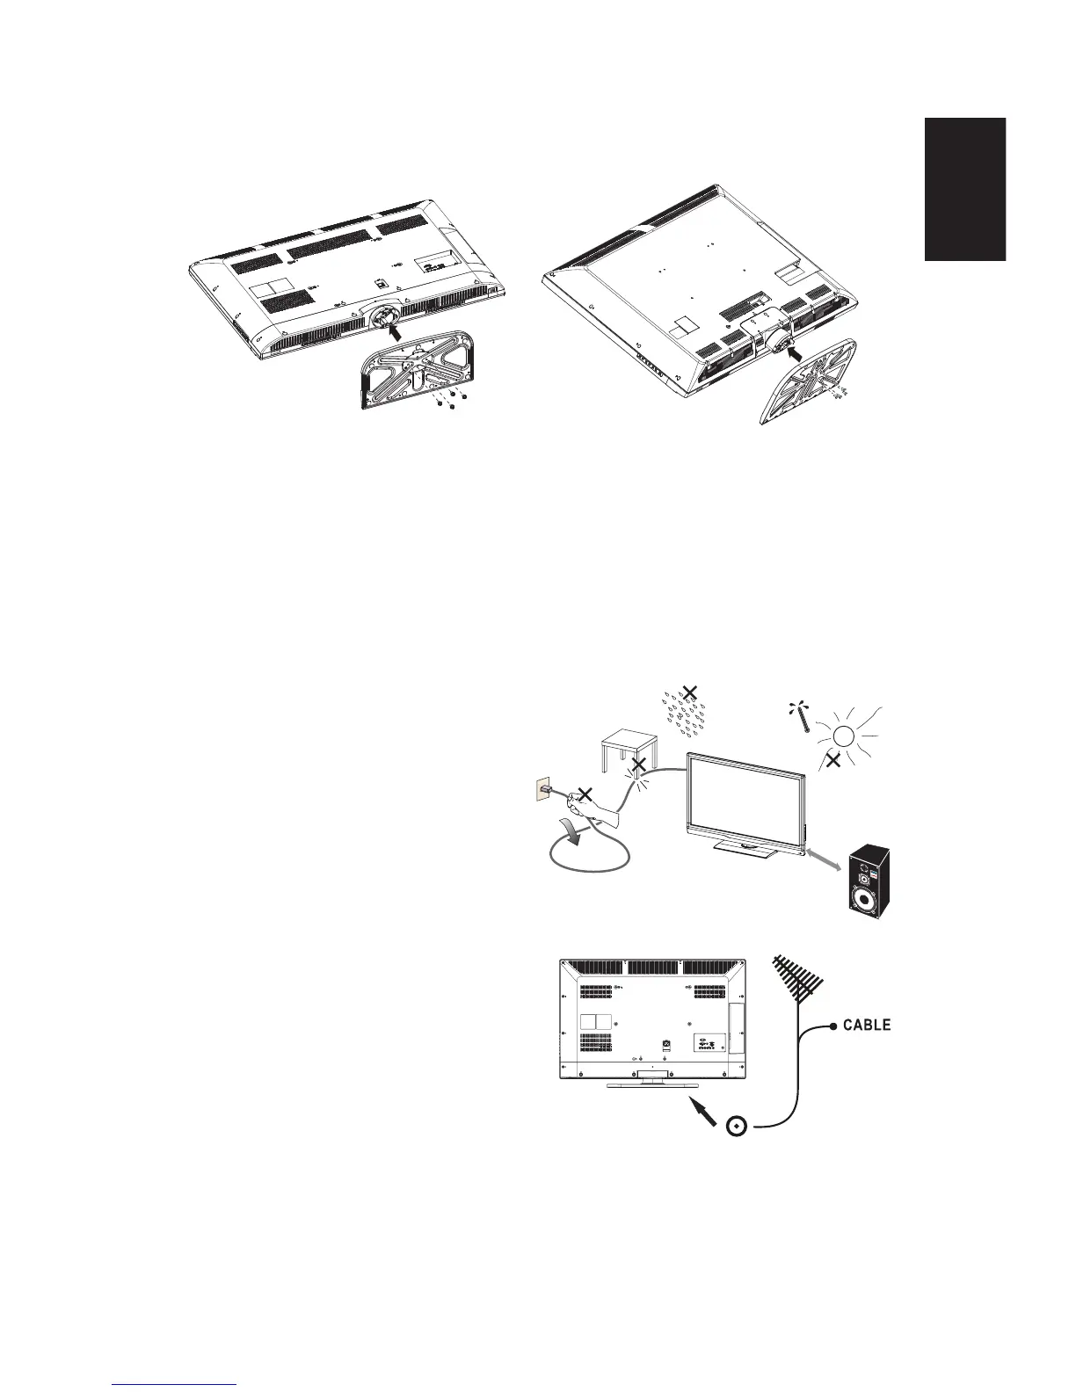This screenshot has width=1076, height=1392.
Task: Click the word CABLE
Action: click(x=868, y=1025)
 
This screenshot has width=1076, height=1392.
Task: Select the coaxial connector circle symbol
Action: click(x=738, y=1125)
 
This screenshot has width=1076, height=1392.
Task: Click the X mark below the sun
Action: click(x=833, y=761)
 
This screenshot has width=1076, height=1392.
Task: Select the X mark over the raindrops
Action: click(x=690, y=694)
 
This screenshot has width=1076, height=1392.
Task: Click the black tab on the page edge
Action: click(x=963, y=189)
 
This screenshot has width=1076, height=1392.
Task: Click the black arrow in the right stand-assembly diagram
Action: click(x=803, y=355)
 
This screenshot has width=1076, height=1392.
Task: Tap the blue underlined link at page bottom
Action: click(x=175, y=1384)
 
